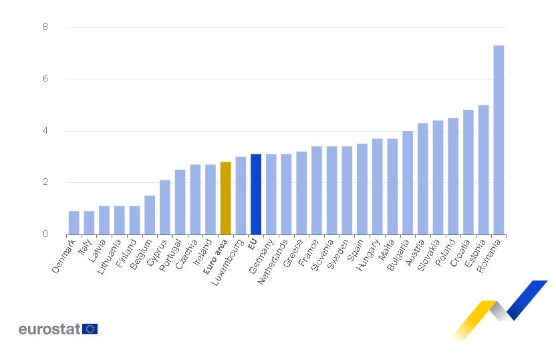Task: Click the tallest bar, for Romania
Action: [x=499, y=140]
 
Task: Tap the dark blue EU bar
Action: [x=256, y=194]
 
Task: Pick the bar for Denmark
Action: [x=74, y=223]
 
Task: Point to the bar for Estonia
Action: [x=483, y=170]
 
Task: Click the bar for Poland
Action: [x=453, y=176]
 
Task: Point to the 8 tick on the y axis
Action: [x=45, y=27]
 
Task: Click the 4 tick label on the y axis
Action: [x=45, y=131]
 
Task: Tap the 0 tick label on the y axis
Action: [x=45, y=234]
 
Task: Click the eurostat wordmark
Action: [x=49, y=329]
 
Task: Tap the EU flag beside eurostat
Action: [x=90, y=329]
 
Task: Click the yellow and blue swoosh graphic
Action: [x=498, y=311]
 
